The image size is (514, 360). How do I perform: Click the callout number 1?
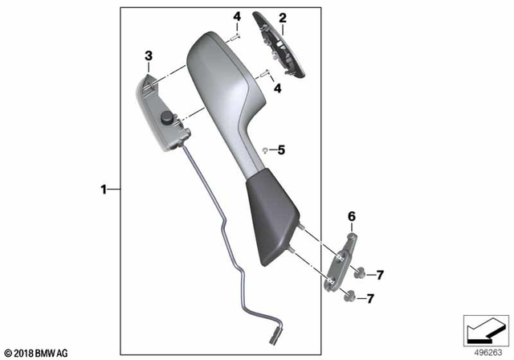(x=104, y=190)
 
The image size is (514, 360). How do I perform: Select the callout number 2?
(x=282, y=18)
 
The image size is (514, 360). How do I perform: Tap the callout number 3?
(x=149, y=55)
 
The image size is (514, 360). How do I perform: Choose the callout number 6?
(x=350, y=215)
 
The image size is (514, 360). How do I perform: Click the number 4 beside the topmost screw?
(x=237, y=17)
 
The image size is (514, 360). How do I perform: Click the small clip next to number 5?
(x=264, y=149)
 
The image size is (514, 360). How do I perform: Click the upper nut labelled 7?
(x=360, y=273)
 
